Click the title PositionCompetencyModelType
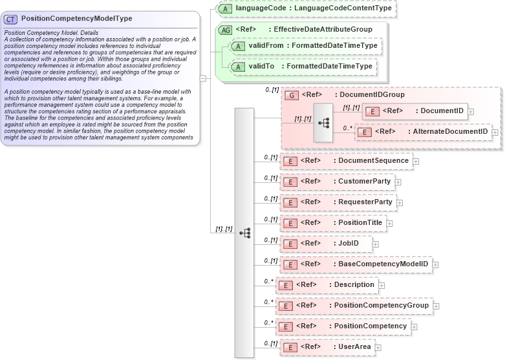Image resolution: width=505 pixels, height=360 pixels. coord(76,19)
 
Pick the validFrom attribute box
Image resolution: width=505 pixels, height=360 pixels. coord(306,47)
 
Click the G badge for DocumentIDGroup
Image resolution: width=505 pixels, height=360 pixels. coord(292,95)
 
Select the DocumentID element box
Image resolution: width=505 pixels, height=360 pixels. coord(414,111)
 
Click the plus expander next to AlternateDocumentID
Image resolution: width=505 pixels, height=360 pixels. coord(495,132)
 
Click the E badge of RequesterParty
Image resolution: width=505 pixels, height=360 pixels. coord(292,202)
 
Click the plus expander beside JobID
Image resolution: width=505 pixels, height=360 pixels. coord(376,244)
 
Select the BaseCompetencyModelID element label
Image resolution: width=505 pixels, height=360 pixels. coord(383,264)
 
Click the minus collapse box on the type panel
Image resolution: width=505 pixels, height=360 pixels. coord(203,79)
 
